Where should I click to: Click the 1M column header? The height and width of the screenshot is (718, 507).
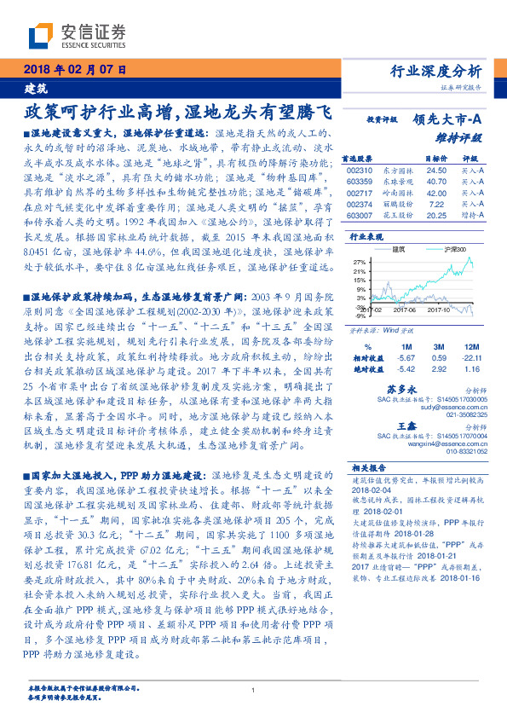click(x=406, y=347)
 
